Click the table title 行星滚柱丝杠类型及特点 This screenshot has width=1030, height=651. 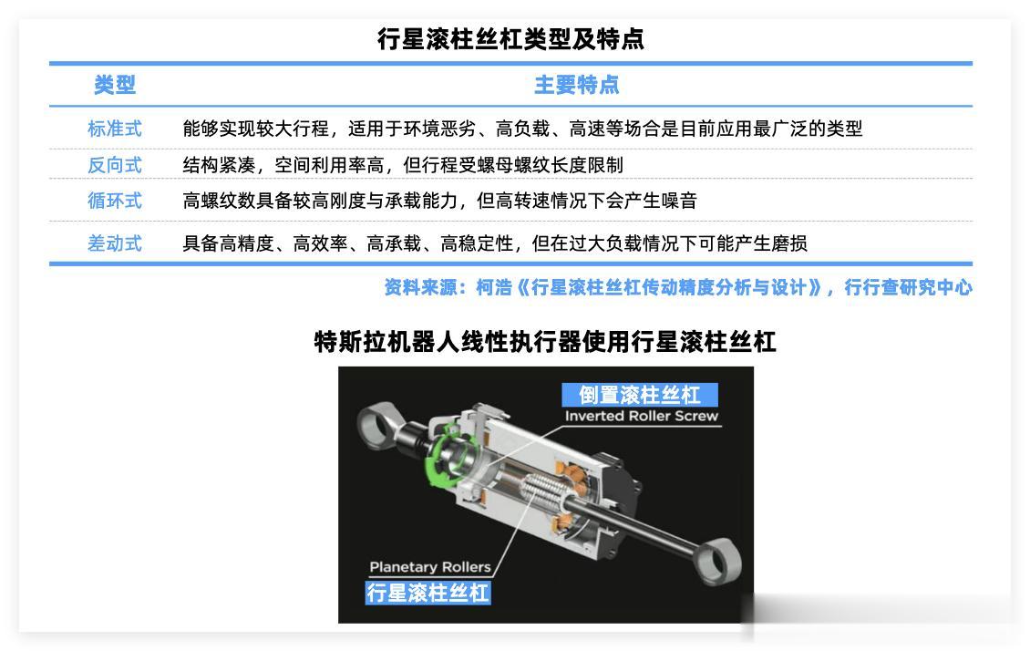[x=510, y=39]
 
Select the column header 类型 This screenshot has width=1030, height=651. [x=114, y=85]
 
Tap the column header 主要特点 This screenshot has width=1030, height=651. [x=576, y=85]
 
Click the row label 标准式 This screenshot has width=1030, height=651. [x=114, y=129]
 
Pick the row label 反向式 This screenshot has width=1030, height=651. [x=114, y=165]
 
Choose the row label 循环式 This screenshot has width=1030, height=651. [x=114, y=201]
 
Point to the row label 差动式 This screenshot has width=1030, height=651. [x=114, y=243]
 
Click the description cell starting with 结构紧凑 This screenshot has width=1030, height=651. [x=403, y=165]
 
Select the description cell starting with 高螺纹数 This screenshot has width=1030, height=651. [x=439, y=201]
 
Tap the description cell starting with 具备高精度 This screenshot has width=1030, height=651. [x=495, y=243]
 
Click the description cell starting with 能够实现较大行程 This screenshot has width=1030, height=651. [x=522, y=129]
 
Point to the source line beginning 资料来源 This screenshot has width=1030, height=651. [x=678, y=287]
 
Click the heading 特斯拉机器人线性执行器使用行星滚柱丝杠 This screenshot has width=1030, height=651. [x=544, y=342]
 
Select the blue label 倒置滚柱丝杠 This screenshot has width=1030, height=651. [x=640, y=395]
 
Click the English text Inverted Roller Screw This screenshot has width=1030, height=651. [x=641, y=416]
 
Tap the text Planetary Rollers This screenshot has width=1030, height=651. [x=430, y=567]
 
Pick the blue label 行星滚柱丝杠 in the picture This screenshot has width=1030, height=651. [x=427, y=593]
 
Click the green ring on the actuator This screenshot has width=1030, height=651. [x=434, y=453]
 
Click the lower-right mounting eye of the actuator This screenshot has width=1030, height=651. [x=718, y=563]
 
